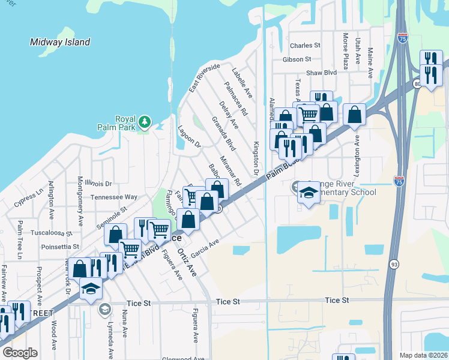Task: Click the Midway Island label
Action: [x=60, y=42]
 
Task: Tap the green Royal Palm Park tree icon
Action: [x=144, y=123]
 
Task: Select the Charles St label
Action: [x=301, y=46]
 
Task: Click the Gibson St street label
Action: [x=297, y=59]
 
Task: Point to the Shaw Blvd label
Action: [x=321, y=73]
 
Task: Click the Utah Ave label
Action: [x=358, y=52]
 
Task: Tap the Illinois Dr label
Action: [x=98, y=183]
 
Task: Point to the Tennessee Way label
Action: [x=114, y=197]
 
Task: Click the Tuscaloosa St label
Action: [x=52, y=233]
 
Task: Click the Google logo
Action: [x=20, y=353]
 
